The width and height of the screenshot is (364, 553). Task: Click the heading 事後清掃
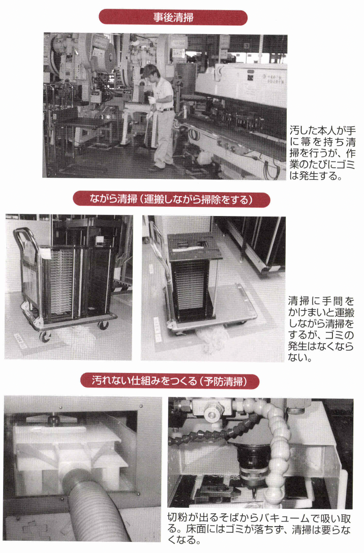(x=173, y=17)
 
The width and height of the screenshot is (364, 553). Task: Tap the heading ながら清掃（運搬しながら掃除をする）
(x=171, y=199)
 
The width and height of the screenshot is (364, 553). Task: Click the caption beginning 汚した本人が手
(x=322, y=152)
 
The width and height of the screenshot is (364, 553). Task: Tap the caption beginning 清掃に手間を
(x=321, y=329)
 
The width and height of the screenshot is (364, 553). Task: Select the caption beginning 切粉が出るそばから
(x=259, y=529)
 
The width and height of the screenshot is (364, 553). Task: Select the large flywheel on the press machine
(x=105, y=53)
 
